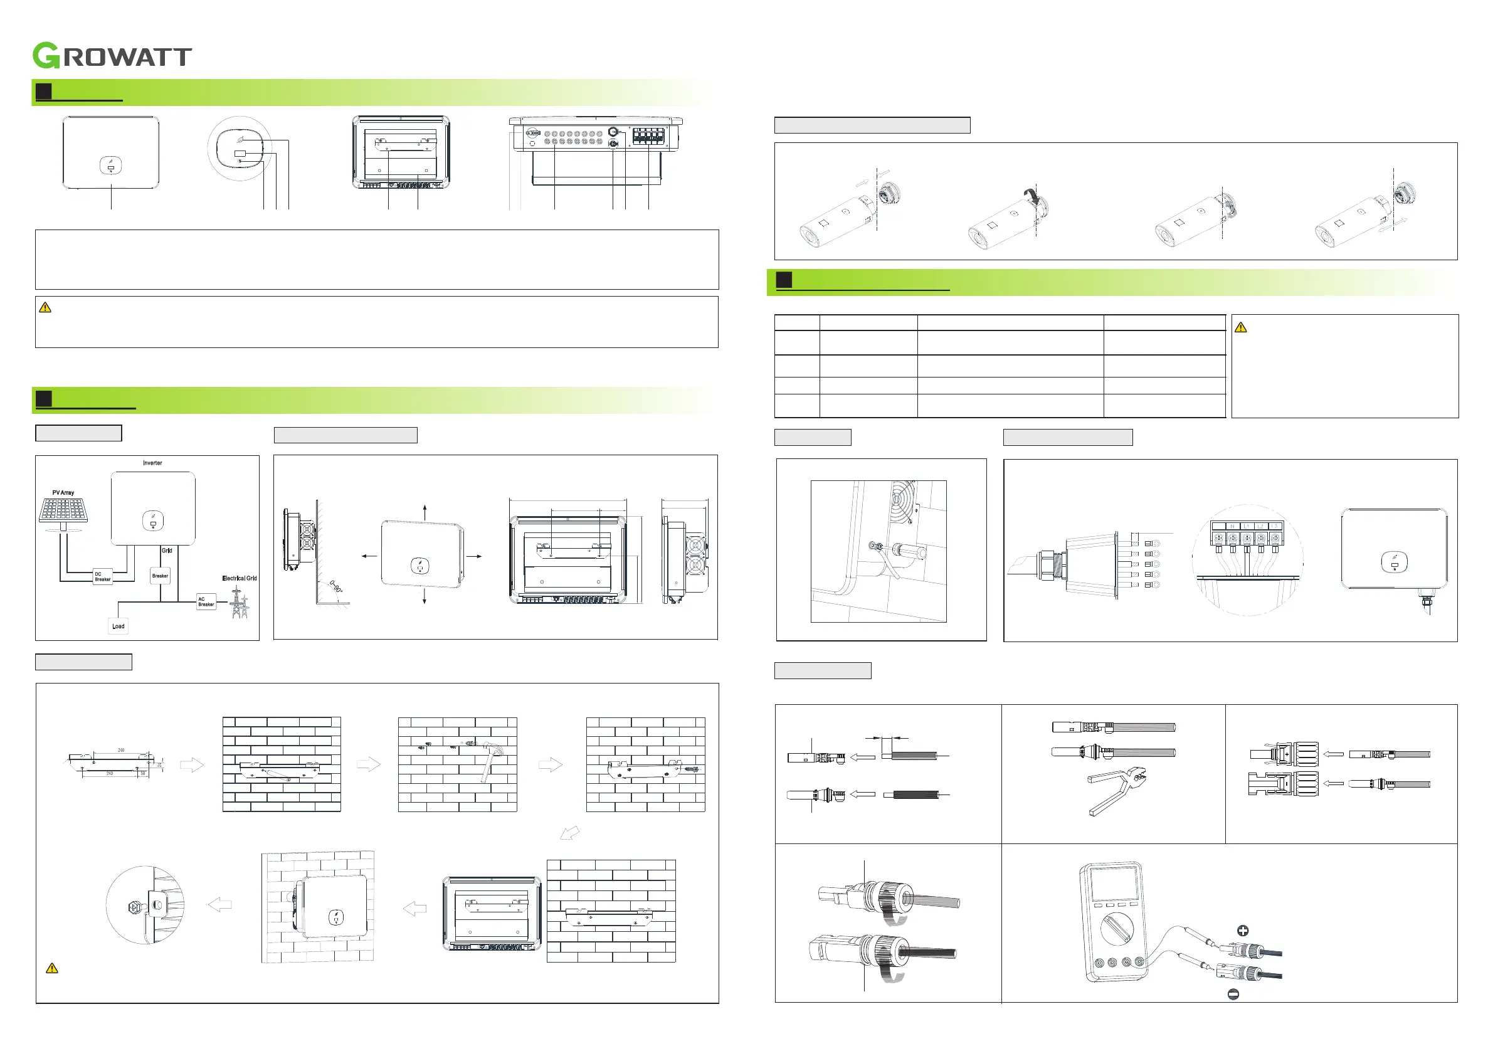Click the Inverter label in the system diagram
152,463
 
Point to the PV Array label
63,493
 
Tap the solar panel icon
63,510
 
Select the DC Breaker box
103,577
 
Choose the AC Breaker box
206,601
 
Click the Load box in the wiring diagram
119,626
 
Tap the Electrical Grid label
240,578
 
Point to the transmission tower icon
239,603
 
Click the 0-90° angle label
335,586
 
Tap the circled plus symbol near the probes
1243,931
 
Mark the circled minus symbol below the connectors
1233,994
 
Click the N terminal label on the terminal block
1232,526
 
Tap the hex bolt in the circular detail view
134,905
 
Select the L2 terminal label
1261,526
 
